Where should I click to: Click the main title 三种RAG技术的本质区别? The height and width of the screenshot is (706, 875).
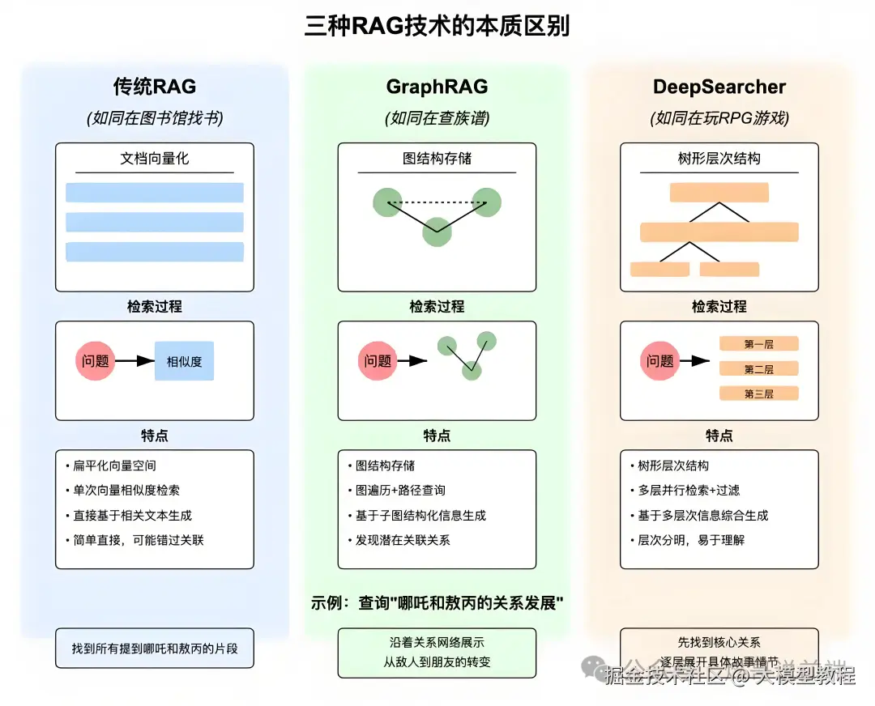pyautogui.click(x=437, y=26)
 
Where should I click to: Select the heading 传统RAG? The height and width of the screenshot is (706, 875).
pyautogui.click(x=154, y=87)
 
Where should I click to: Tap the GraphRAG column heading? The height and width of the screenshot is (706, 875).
pyautogui.click(x=437, y=87)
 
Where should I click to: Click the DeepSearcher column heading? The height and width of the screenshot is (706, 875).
pyautogui.click(x=719, y=87)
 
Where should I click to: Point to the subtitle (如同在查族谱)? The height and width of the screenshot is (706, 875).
pyautogui.click(x=437, y=118)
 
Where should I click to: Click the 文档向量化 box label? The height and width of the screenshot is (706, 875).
pyautogui.click(x=154, y=159)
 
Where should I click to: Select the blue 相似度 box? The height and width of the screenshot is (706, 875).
pyautogui.click(x=184, y=361)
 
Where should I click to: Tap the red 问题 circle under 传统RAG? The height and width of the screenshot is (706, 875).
pyautogui.click(x=96, y=361)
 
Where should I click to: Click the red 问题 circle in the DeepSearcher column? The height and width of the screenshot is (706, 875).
pyautogui.click(x=660, y=361)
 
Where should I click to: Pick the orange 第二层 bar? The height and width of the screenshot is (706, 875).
pyautogui.click(x=758, y=369)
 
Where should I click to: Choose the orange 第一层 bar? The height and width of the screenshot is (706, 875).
pyautogui.click(x=758, y=344)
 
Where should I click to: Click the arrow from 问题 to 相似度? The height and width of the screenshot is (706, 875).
pyautogui.click(x=135, y=361)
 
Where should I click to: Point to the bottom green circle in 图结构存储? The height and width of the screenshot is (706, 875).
pyautogui.click(x=437, y=232)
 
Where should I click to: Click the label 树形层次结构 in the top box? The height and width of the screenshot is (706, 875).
pyautogui.click(x=719, y=159)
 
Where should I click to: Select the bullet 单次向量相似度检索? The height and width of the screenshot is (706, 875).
pyautogui.click(x=126, y=491)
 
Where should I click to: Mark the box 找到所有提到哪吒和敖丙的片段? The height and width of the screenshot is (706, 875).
pyautogui.click(x=154, y=649)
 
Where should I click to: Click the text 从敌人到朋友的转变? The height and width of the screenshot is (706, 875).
pyautogui.click(x=437, y=661)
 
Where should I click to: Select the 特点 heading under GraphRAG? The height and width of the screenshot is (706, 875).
pyautogui.click(x=437, y=436)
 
